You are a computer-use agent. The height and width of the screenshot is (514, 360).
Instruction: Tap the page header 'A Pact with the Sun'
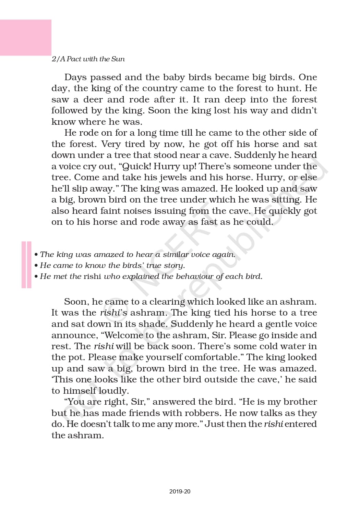(88, 59)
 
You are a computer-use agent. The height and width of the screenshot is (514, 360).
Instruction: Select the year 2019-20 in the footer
(180, 491)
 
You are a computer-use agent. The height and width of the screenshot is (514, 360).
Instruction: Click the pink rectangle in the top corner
(26, 37)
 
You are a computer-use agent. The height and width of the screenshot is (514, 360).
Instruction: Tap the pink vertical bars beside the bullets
(26, 265)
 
